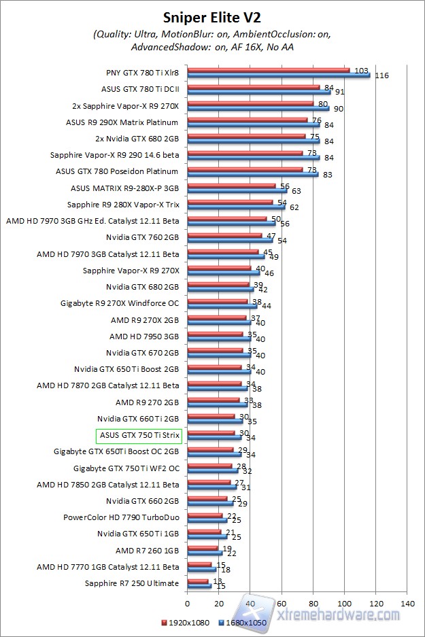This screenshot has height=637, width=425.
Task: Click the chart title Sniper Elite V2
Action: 213,18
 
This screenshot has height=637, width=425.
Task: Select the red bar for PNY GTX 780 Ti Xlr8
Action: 268,69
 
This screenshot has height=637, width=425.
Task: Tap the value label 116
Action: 381,75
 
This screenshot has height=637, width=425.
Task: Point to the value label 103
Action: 362,70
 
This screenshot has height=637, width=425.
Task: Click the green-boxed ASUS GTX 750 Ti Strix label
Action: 139,435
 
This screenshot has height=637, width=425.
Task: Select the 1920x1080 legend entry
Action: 186,621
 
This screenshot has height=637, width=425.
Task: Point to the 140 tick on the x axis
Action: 407,602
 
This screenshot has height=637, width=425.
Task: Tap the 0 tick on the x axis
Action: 187,602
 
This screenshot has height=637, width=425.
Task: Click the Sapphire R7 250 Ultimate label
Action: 132,583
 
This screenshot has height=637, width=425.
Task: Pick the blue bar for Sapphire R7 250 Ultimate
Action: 199,586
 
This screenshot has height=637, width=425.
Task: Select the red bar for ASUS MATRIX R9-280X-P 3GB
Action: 231,185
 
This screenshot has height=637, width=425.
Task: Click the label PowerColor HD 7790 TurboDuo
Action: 121,517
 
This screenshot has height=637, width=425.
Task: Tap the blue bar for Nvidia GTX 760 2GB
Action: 229,240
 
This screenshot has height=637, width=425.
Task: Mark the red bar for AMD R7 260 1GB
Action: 202,547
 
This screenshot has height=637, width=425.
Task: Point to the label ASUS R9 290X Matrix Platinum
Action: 122,122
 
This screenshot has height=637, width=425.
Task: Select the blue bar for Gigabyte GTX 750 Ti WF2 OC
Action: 212,470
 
